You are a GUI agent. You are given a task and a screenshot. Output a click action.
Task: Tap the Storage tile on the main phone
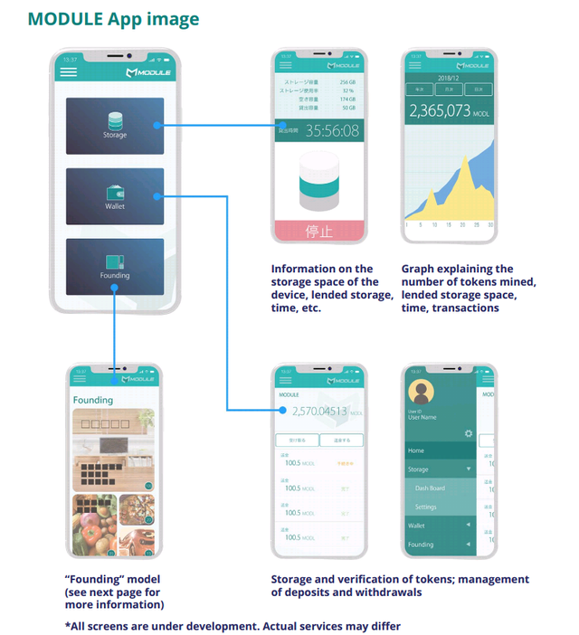coord(114,126)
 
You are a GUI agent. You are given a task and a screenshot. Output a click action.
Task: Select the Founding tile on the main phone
coord(114,266)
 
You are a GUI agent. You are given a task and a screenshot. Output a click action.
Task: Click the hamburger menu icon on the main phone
coord(69,71)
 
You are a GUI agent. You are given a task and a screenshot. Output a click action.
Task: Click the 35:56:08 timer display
coord(331,131)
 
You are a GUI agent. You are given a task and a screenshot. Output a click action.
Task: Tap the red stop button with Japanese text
coord(319,231)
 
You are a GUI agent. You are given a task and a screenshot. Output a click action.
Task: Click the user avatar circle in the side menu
coord(422,392)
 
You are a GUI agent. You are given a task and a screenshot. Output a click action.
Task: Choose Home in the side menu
coord(416,450)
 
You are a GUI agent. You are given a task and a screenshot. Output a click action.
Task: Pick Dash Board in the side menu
coord(430,488)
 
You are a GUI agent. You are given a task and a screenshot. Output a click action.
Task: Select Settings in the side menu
coord(426,507)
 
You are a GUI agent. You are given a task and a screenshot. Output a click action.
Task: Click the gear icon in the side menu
coord(468,433)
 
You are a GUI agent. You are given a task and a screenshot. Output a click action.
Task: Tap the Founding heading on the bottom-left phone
coord(93,400)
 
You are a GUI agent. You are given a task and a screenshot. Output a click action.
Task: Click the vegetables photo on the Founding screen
coord(94,525)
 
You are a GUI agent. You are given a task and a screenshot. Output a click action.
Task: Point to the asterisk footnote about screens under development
coord(233,625)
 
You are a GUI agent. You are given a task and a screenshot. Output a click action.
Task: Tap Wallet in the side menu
coord(416,526)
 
